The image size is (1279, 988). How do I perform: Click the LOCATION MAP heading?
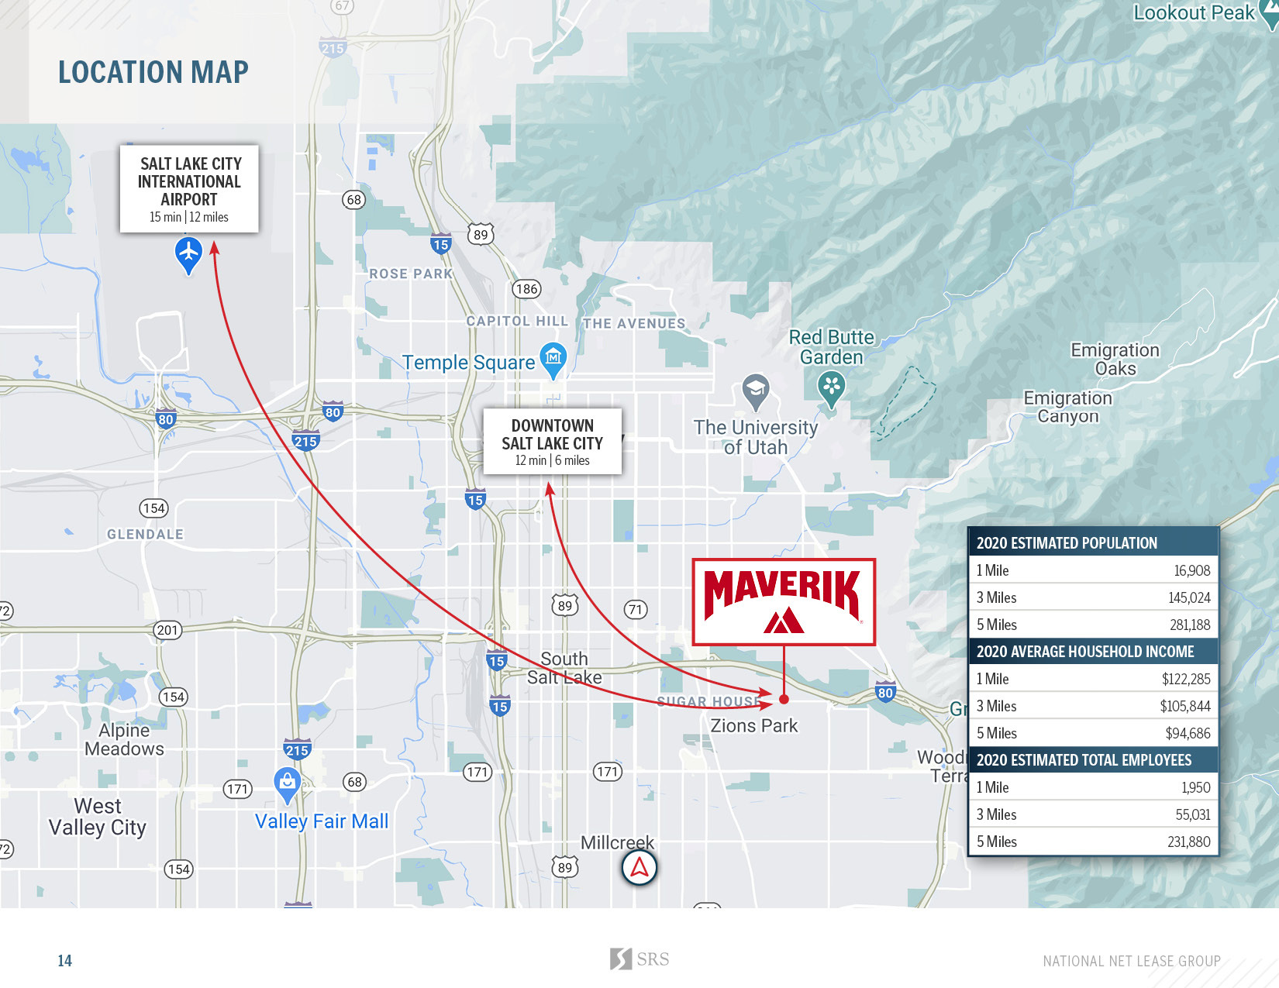tap(153, 72)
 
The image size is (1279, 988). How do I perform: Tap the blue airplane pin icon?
tap(188, 254)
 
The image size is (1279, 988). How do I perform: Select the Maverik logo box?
tap(783, 601)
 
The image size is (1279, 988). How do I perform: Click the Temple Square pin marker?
tap(553, 360)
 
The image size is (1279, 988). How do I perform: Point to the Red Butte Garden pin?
tap(831, 387)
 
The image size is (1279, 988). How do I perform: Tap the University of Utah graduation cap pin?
tap(755, 391)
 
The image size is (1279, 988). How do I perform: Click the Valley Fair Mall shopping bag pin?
tap(288, 784)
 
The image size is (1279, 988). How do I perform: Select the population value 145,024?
tap(1188, 597)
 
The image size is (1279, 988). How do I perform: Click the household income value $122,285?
tap(1185, 679)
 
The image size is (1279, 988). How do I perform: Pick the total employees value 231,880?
tap(1188, 842)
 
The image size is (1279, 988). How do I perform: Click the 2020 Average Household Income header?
tap(1085, 652)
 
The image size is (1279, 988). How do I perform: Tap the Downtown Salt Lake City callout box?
tap(552, 442)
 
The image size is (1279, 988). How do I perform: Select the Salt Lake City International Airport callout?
tap(189, 188)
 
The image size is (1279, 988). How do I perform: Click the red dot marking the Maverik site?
tap(784, 699)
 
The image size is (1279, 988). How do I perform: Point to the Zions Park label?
tap(753, 726)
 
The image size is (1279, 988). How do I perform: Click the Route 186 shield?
tap(526, 289)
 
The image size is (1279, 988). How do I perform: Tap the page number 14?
tap(64, 961)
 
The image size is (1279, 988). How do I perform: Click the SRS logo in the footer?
tap(639, 959)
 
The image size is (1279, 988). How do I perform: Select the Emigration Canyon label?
tap(1067, 407)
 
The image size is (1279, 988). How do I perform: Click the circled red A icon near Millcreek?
tap(639, 868)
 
